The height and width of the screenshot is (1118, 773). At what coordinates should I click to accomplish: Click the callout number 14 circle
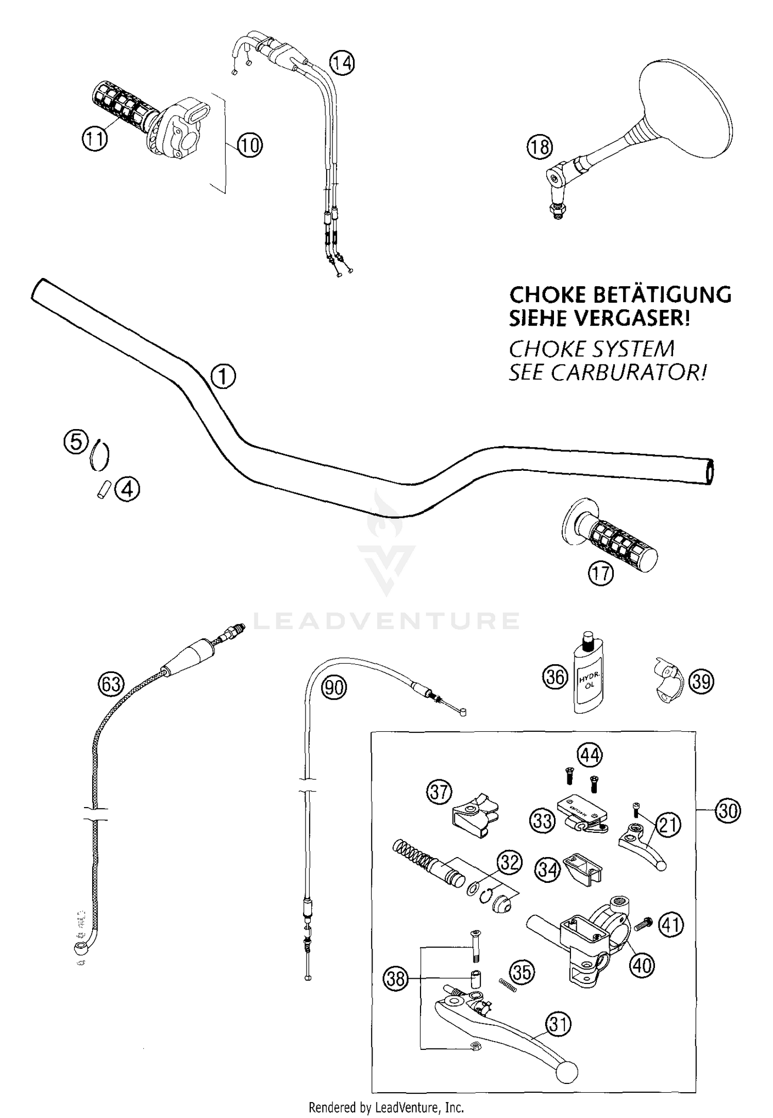click(x=342, y=62)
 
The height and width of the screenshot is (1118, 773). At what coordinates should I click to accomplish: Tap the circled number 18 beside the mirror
click(x=539, y=147)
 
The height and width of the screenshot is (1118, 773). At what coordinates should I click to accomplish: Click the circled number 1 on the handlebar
click(x=223, y=377)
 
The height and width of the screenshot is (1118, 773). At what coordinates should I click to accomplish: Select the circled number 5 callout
click(x=76, y=442)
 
